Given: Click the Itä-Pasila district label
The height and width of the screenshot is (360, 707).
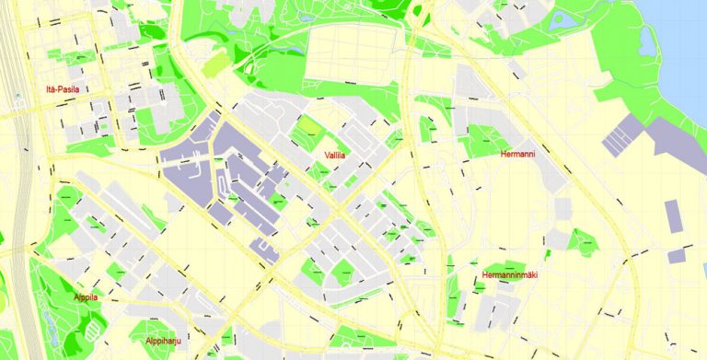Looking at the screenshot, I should coord(63,89).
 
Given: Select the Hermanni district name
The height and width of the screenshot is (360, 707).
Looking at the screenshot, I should coord(516,154).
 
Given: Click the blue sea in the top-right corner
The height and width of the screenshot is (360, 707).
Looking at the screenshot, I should coord(681,46).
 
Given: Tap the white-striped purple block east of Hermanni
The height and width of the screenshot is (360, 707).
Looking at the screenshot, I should coord(622,134).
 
